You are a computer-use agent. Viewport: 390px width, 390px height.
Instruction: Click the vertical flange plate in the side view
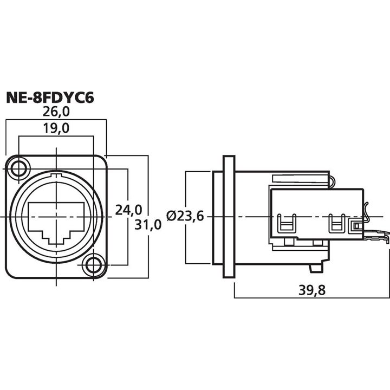[x=229, y=217]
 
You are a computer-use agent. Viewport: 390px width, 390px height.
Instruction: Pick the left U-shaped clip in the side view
[x=284, y=223]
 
